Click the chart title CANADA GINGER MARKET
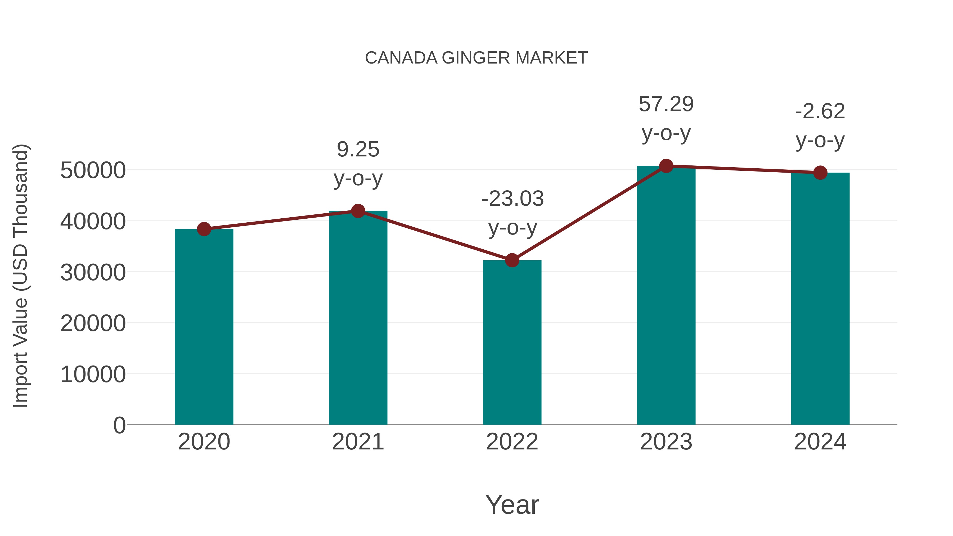tap(476, 58)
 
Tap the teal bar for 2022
tap(512, 343)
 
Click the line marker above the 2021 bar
tap(358, 211)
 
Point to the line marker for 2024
tap(820, 173)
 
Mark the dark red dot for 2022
tap(512, 260)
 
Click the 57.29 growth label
tap(666, 104)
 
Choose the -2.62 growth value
tap(820, 111)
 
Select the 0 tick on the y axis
tap(119, 425)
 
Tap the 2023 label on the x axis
tap(666, 442)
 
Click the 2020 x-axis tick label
tap(204, 442)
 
